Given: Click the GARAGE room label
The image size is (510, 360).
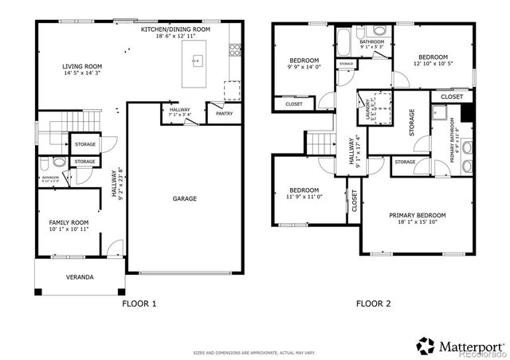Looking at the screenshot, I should point(185,198).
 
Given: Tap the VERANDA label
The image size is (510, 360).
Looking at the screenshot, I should point(79,277).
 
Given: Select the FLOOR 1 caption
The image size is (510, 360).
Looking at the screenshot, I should point(139,303).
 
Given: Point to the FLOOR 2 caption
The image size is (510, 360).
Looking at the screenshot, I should point(374,303).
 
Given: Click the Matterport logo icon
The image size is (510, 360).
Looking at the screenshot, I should point(426,346).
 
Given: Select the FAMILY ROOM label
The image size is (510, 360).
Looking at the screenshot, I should point(69,223).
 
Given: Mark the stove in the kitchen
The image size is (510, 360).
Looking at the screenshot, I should point(236,50).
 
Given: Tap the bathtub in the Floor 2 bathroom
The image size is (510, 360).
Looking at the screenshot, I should point(343,41).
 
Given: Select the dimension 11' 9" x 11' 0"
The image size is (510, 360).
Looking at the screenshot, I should point(304,197).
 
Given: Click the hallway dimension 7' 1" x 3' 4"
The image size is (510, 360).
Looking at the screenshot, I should point(180,115).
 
